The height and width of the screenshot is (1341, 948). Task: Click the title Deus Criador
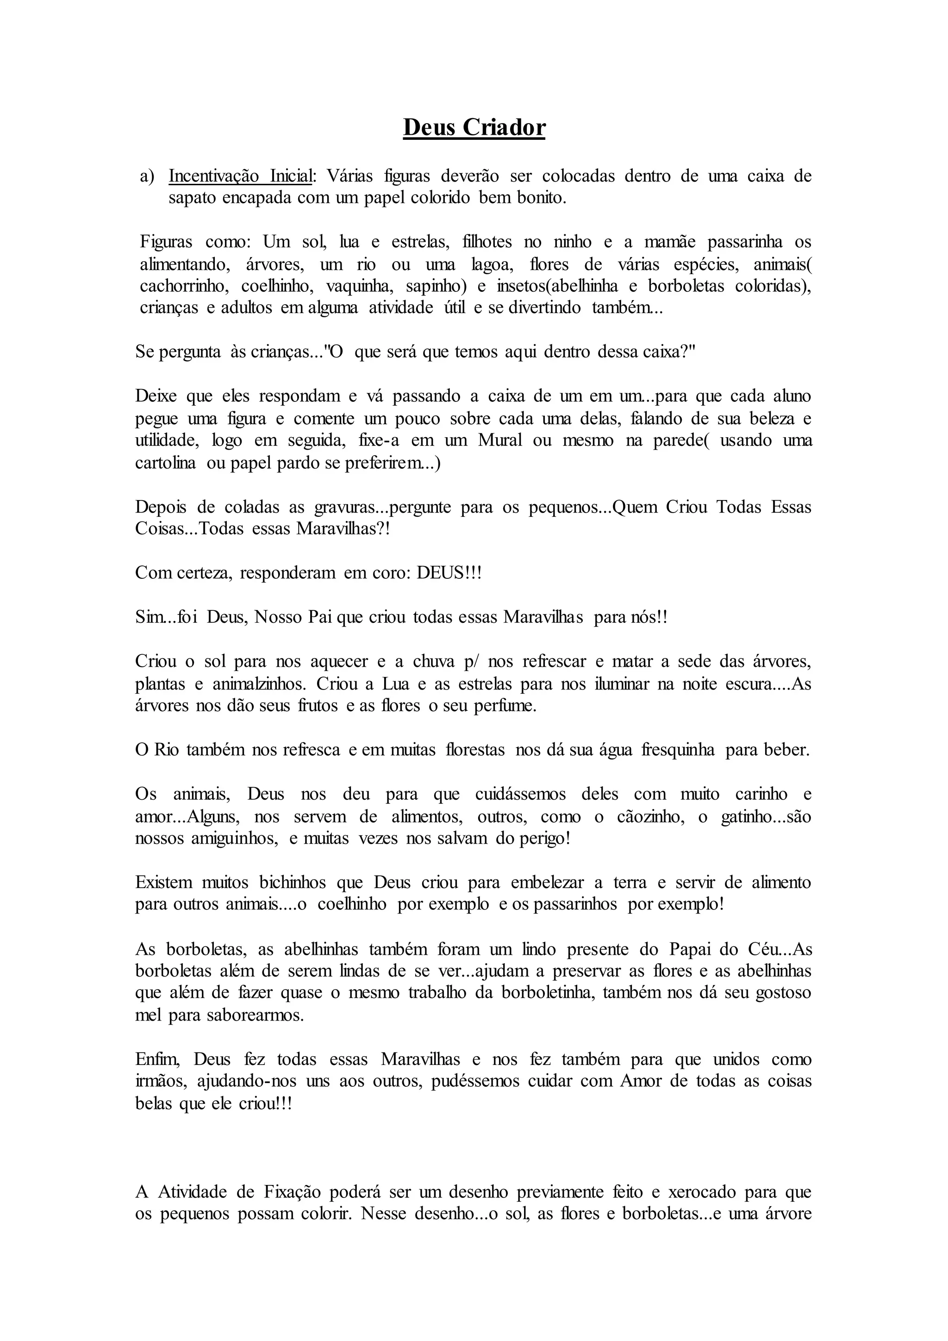tap(474, 128)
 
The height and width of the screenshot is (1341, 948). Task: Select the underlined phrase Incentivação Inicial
tap(241, 176)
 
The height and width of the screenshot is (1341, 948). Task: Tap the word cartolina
tap(165, 463)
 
